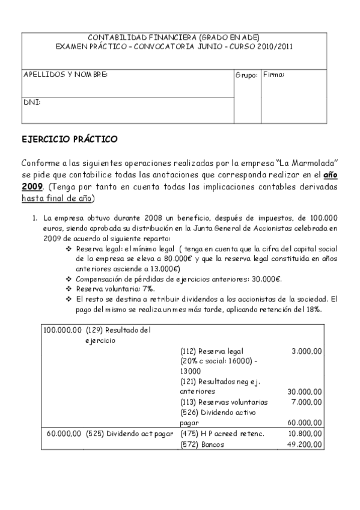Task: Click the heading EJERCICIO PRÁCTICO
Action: point(69,139)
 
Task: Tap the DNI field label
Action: point(32,102)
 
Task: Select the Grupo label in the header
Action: point(246,75)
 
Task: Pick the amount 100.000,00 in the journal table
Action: point(63,330)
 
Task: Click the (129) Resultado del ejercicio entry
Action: point(118,334)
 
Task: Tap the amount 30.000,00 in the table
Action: point(304,392)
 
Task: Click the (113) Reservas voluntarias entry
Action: point(224,402)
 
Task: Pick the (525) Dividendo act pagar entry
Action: point(129,434)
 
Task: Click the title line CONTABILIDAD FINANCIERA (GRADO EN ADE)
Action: point(174,37)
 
